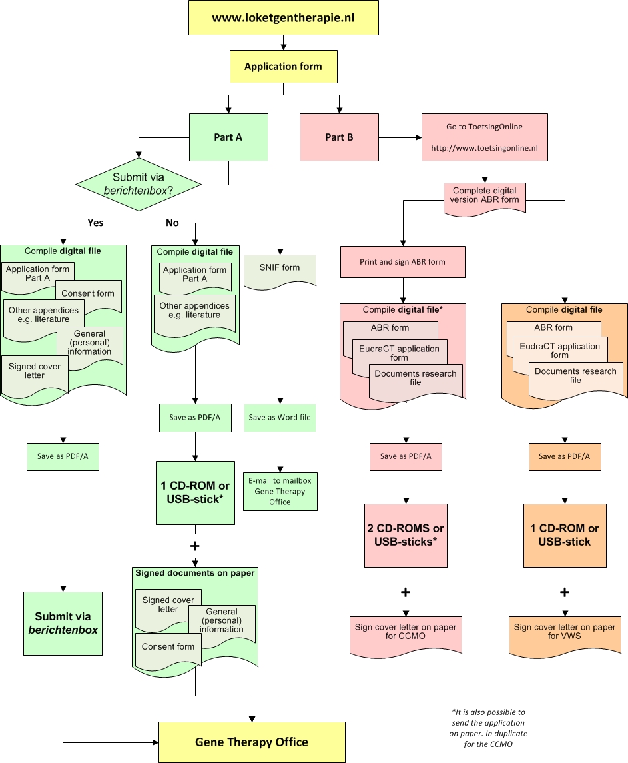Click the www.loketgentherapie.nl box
pos(284,18)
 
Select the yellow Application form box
pos(284,67)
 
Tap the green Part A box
pos(228,137)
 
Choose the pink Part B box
pos(339,137)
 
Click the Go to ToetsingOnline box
pos(485,137)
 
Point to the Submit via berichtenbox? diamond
pos(139,185)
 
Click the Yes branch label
pos(95,223)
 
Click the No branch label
pos(172,223)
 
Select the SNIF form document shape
pos(280,271)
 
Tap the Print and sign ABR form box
pos(403,262)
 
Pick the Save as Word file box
pos(280,418)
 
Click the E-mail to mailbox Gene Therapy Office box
pos(280,492)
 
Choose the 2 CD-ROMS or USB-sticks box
pos(406,535)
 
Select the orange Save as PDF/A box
pos(565,456)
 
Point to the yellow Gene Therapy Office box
pos(252,742)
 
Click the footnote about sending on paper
pos(488,728)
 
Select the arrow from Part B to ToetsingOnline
pos(400,137)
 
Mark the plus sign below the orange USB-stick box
pos(565,592)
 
